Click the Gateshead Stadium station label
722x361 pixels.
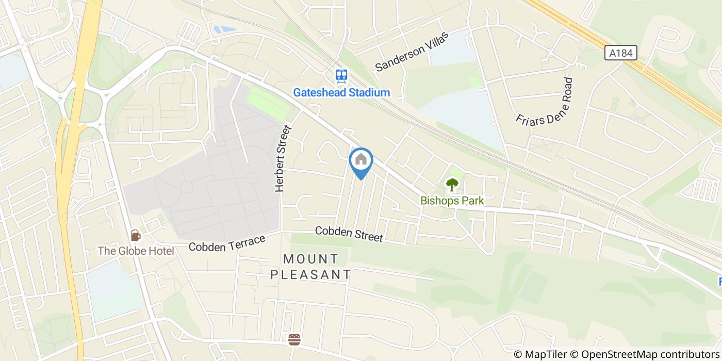tap(341, 93)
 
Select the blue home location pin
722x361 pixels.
tap(361, 161)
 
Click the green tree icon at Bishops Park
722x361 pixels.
tap(452, 185)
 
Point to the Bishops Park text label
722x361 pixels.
tap(452, 200)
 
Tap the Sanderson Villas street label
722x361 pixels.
tap(412, 51)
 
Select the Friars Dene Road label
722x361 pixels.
tap(545, 101)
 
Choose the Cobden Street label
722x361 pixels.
tap(349, 234)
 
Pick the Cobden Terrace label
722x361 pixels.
tap(227, 243)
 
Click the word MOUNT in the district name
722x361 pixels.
tap(311, 259)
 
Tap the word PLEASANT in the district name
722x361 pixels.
tap(311, 274)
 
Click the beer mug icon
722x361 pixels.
tap(135, 235)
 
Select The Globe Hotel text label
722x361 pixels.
tap(136, 251)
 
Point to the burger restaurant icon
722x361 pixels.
tap(294, 339)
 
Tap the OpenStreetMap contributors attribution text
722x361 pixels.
tap(651, 354)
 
